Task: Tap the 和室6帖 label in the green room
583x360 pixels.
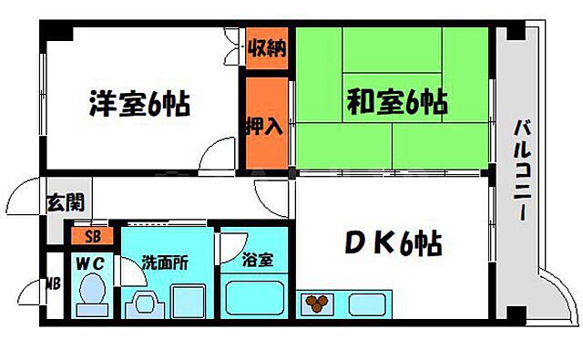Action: pyautogui.click(x=394, y=103)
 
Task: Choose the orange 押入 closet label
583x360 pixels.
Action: pyautogui.click(x=265, y=125)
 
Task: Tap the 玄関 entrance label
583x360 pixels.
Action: pyautogui.click(x=57, y=203)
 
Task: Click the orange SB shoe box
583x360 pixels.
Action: pyautogui.click(x=93, y=237)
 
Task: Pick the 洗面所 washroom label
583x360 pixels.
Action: pyautogui.click(x=164, y=262)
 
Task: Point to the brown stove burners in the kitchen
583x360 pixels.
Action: pyautogui.click(x=318, y=303)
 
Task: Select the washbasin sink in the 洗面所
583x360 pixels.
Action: pyautogui.click(x=143, y=301)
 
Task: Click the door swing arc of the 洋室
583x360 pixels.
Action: pyautogui.click(x=217, y=153)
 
